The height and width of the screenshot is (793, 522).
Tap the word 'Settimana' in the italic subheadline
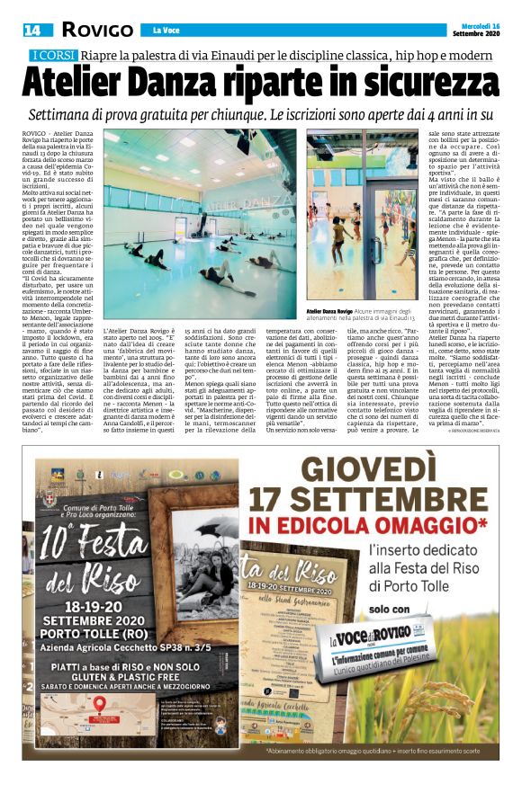tap(89, 115)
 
